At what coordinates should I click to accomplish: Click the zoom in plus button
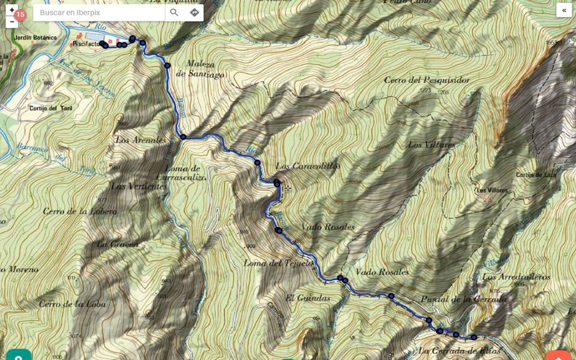point(11,10)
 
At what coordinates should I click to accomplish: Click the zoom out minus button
point(11,22)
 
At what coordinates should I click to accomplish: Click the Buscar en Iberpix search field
point(99,13)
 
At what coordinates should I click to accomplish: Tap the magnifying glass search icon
point(174,13)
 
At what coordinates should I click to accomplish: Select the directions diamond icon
point(194,13)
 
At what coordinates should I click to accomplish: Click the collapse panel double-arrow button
point(564,10)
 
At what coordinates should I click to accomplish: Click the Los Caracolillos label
point(308,166)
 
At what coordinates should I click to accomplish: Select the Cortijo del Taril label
point(51,109)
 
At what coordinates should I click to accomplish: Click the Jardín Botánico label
point(37,38)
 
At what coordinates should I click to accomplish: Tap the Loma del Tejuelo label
point(278,263)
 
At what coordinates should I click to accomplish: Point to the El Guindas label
point(307,298)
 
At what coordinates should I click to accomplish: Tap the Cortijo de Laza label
point(537,175)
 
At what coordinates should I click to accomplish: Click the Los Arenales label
point(140,140)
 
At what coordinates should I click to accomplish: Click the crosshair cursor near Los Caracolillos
point(287,188)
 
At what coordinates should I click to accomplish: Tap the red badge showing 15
point(20,15)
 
